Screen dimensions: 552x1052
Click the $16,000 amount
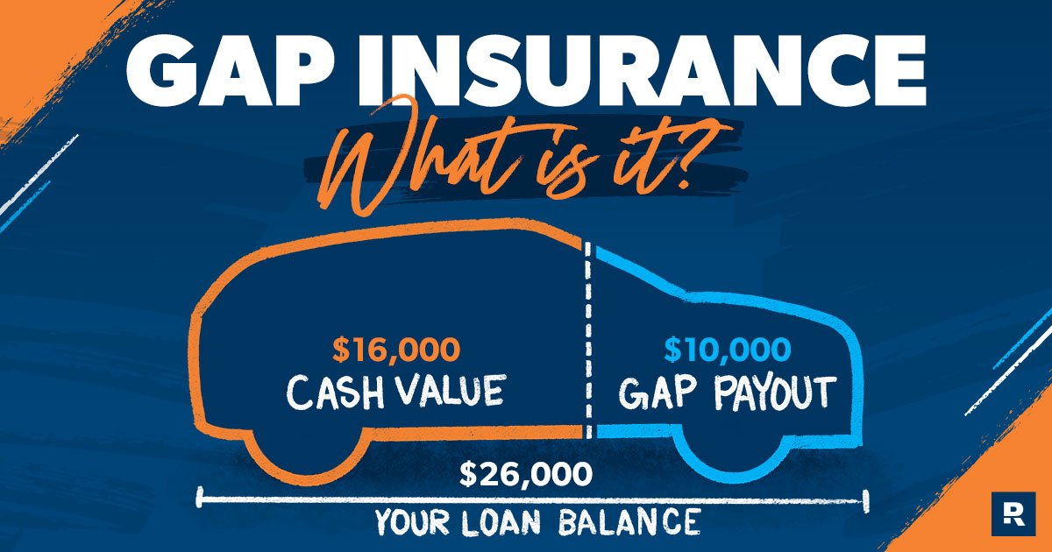(x=395, y=350)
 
